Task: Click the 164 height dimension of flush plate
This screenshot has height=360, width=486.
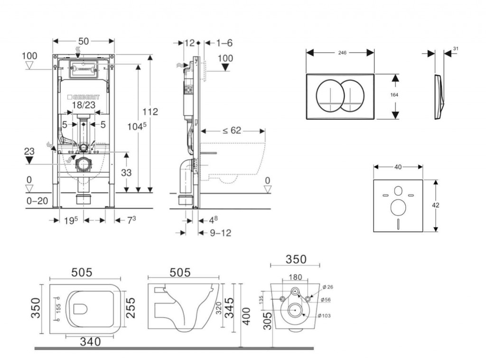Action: (394, 95)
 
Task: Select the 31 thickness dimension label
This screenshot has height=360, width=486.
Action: (456, 48)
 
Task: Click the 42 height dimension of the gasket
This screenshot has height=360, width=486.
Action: (436, 205)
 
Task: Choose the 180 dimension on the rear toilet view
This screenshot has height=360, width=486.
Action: (295, 277)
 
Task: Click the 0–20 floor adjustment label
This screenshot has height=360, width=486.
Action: (37, 201)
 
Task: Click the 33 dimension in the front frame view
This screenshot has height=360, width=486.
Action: (126, 173)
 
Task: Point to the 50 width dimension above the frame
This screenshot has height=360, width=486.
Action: (84, 41)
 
